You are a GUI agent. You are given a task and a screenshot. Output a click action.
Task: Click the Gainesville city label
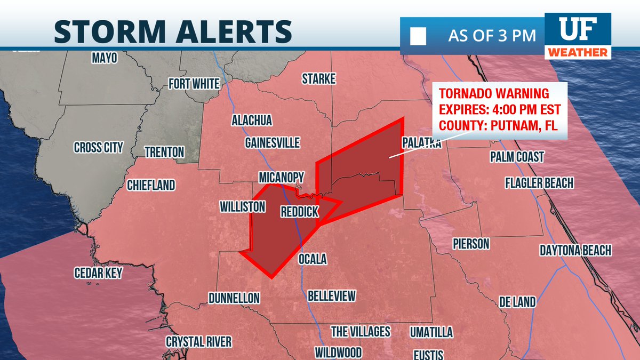click(x=272, y=143)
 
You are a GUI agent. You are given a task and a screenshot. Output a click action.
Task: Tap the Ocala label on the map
click(x=312, y=259)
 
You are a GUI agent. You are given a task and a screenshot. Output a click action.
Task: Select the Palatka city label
click(x=421, y=143)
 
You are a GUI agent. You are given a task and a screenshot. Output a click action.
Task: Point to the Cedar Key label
click(x=98, y=273)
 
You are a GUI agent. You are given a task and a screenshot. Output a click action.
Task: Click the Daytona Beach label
click(x=575, y=250)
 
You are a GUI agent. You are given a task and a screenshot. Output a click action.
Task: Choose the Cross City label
click(x=98, y=148)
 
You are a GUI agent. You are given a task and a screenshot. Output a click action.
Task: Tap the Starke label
click(x=318, y=79)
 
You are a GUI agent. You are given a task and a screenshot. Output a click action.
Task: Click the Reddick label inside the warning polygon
click(x=299, y=212)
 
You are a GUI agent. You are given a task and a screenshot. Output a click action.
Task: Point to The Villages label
click(x=361, y=331)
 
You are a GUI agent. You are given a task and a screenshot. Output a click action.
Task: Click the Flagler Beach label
click(x=539, y=183)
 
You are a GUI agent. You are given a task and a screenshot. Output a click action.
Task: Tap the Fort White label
click(x=194, y=84)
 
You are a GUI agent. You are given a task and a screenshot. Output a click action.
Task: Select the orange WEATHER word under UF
click(x=578, y=52)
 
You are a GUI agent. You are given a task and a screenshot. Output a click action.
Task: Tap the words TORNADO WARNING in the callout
click(x=493, y=94)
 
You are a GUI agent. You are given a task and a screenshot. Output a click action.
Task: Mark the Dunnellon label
click(x=234, y=298)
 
